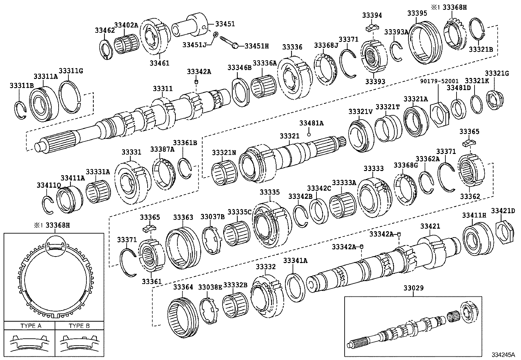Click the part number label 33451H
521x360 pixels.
tap(257, 46)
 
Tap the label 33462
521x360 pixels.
tap(105, 30)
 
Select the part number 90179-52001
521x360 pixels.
tap(440, 81)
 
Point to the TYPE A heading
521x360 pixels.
tap(31, 326)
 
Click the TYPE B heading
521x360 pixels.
tap(79, 326)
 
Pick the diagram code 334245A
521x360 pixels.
tap(503, 355)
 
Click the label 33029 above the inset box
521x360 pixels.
tap(413, 288)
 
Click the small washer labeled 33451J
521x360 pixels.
tap(216, 34)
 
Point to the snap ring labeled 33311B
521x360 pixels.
tap(20, 110)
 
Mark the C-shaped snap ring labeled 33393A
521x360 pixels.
tap(397, 51)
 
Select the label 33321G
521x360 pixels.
tap(497, 74)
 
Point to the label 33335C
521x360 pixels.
tap(239, 212)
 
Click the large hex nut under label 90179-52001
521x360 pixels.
tap(440, 114)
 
